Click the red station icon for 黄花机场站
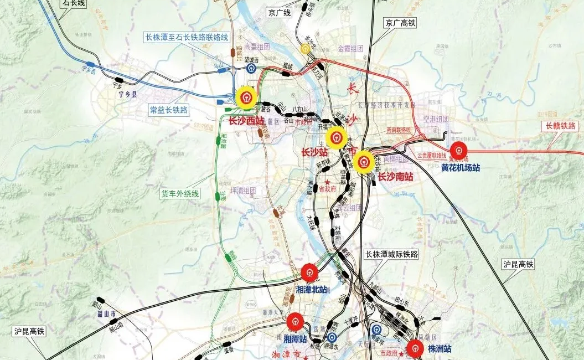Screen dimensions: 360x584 tap(458, 151)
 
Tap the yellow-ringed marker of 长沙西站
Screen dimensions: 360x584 tap(246, 99)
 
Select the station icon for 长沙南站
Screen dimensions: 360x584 tap(364, 162)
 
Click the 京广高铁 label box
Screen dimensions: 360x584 tap(400, 23)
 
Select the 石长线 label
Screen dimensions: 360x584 tap(74, 3)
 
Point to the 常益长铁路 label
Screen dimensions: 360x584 tap(169, 110)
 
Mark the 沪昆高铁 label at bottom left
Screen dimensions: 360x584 tap(29, 331)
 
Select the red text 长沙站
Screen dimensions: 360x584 tap(314, 152)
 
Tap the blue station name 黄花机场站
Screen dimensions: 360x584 tap(461, 168)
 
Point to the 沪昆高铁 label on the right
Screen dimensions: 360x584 tap(518, 265)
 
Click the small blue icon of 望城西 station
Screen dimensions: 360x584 tap(251, 69)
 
